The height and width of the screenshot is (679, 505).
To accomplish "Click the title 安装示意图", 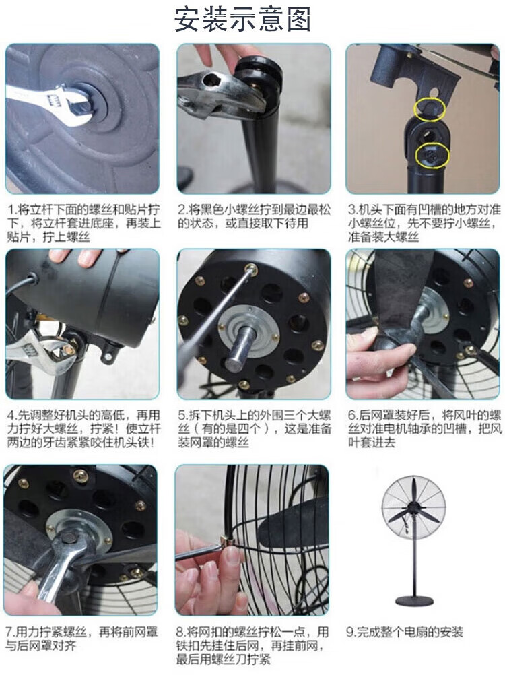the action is click(x=243, y=19).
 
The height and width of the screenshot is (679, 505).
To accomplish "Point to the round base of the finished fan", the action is click(x=414, y=601).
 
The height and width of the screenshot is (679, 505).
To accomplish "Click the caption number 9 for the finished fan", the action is click(x=350, y=633).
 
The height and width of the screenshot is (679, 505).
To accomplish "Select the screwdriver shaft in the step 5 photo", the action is click(x=218, y=313).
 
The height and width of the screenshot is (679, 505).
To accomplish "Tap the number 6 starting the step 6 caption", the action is click(x=351, y=415).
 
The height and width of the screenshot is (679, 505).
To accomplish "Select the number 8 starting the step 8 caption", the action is click(x=180, y=633).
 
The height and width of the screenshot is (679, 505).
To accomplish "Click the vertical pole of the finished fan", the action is click(x=415, y=563).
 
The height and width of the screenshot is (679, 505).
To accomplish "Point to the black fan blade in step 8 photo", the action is click(x=291, y=523).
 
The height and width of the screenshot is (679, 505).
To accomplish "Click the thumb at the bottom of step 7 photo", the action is click(x=26, y=593).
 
